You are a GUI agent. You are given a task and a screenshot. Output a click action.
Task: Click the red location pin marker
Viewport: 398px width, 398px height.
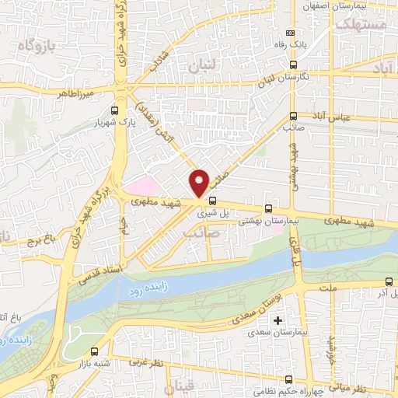(200, 182)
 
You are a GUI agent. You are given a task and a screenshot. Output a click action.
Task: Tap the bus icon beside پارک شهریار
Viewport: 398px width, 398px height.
(114, 110)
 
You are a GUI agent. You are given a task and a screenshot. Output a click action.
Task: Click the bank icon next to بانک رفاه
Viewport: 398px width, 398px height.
(291, 33)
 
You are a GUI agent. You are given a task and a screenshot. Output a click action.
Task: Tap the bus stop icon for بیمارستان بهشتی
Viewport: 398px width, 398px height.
(269, 208)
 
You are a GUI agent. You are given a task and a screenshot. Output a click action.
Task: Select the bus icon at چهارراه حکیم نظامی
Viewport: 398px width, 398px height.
(289, 380)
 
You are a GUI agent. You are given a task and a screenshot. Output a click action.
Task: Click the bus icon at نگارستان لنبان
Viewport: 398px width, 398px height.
(292, 65)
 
